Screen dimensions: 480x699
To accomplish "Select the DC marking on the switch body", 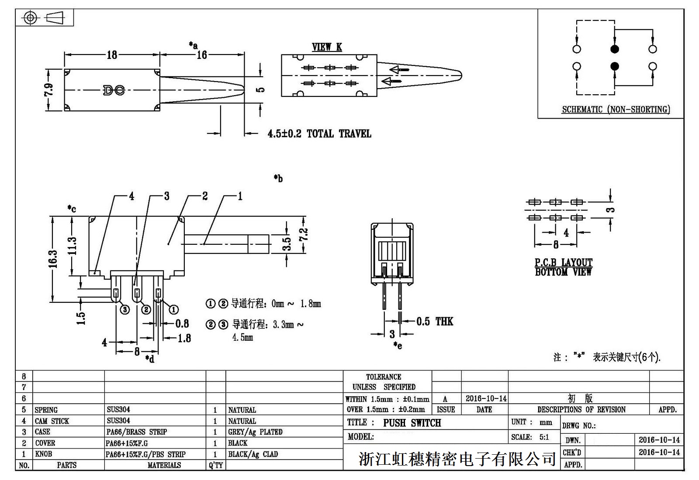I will click(114, 90).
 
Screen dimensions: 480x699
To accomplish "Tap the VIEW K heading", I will click(327, 47).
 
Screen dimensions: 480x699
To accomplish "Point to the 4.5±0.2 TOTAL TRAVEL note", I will click(319, 134).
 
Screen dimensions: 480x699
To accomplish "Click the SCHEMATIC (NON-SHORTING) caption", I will click(616, 110).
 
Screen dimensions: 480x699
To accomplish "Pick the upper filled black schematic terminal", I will click(615, 49).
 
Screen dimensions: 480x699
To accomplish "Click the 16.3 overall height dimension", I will click(53, 259).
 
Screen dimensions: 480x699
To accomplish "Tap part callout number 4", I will click(131, 196).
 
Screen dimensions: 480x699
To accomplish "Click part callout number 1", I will click(239, 196).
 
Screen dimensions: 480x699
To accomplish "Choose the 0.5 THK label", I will click(434, 322).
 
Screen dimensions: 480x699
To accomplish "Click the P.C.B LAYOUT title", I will click(564, 262).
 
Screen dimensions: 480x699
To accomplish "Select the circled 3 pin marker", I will click(125, 309).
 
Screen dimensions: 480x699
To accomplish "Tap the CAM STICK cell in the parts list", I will click(52, 421).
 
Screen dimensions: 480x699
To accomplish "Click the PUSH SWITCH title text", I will click(412, 423).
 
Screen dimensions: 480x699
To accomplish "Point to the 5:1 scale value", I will click(544, 437).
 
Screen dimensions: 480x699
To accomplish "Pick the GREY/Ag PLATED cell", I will click(255, 432).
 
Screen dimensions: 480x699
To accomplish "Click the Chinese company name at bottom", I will click(457, 459).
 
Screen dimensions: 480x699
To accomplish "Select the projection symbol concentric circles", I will click(30, 18).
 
